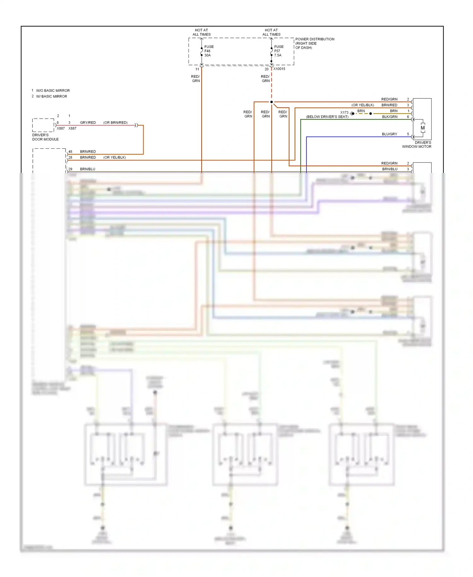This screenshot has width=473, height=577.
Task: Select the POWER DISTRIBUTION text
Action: [314, 39]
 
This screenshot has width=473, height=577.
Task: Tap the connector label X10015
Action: [279, 69]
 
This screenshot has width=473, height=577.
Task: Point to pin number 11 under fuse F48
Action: [197, 69]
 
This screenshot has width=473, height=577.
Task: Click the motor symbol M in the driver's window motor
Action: [423, 128]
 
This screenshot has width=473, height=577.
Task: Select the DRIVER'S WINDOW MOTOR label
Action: [417, 145]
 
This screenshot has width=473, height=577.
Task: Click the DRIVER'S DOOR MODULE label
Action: [45, 137]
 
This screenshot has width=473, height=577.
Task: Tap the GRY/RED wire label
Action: [88, 122]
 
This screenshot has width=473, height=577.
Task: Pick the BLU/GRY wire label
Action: [389, 134]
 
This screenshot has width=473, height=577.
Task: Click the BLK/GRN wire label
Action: [389, 117]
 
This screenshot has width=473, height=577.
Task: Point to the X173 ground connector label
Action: [344, 112]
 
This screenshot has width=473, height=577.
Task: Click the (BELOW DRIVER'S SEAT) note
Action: [327, 117]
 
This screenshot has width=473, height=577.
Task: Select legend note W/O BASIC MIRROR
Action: [53, 91]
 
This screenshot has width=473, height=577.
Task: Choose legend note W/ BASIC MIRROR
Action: [51, 96]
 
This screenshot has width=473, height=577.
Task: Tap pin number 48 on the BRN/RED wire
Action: [70, 152]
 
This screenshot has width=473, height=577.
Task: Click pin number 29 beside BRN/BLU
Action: [70, 169]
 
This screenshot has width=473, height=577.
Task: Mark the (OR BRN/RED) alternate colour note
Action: [115, 122]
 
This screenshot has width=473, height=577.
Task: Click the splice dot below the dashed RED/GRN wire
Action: [272, 102]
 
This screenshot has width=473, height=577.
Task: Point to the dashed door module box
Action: [43, 125]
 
